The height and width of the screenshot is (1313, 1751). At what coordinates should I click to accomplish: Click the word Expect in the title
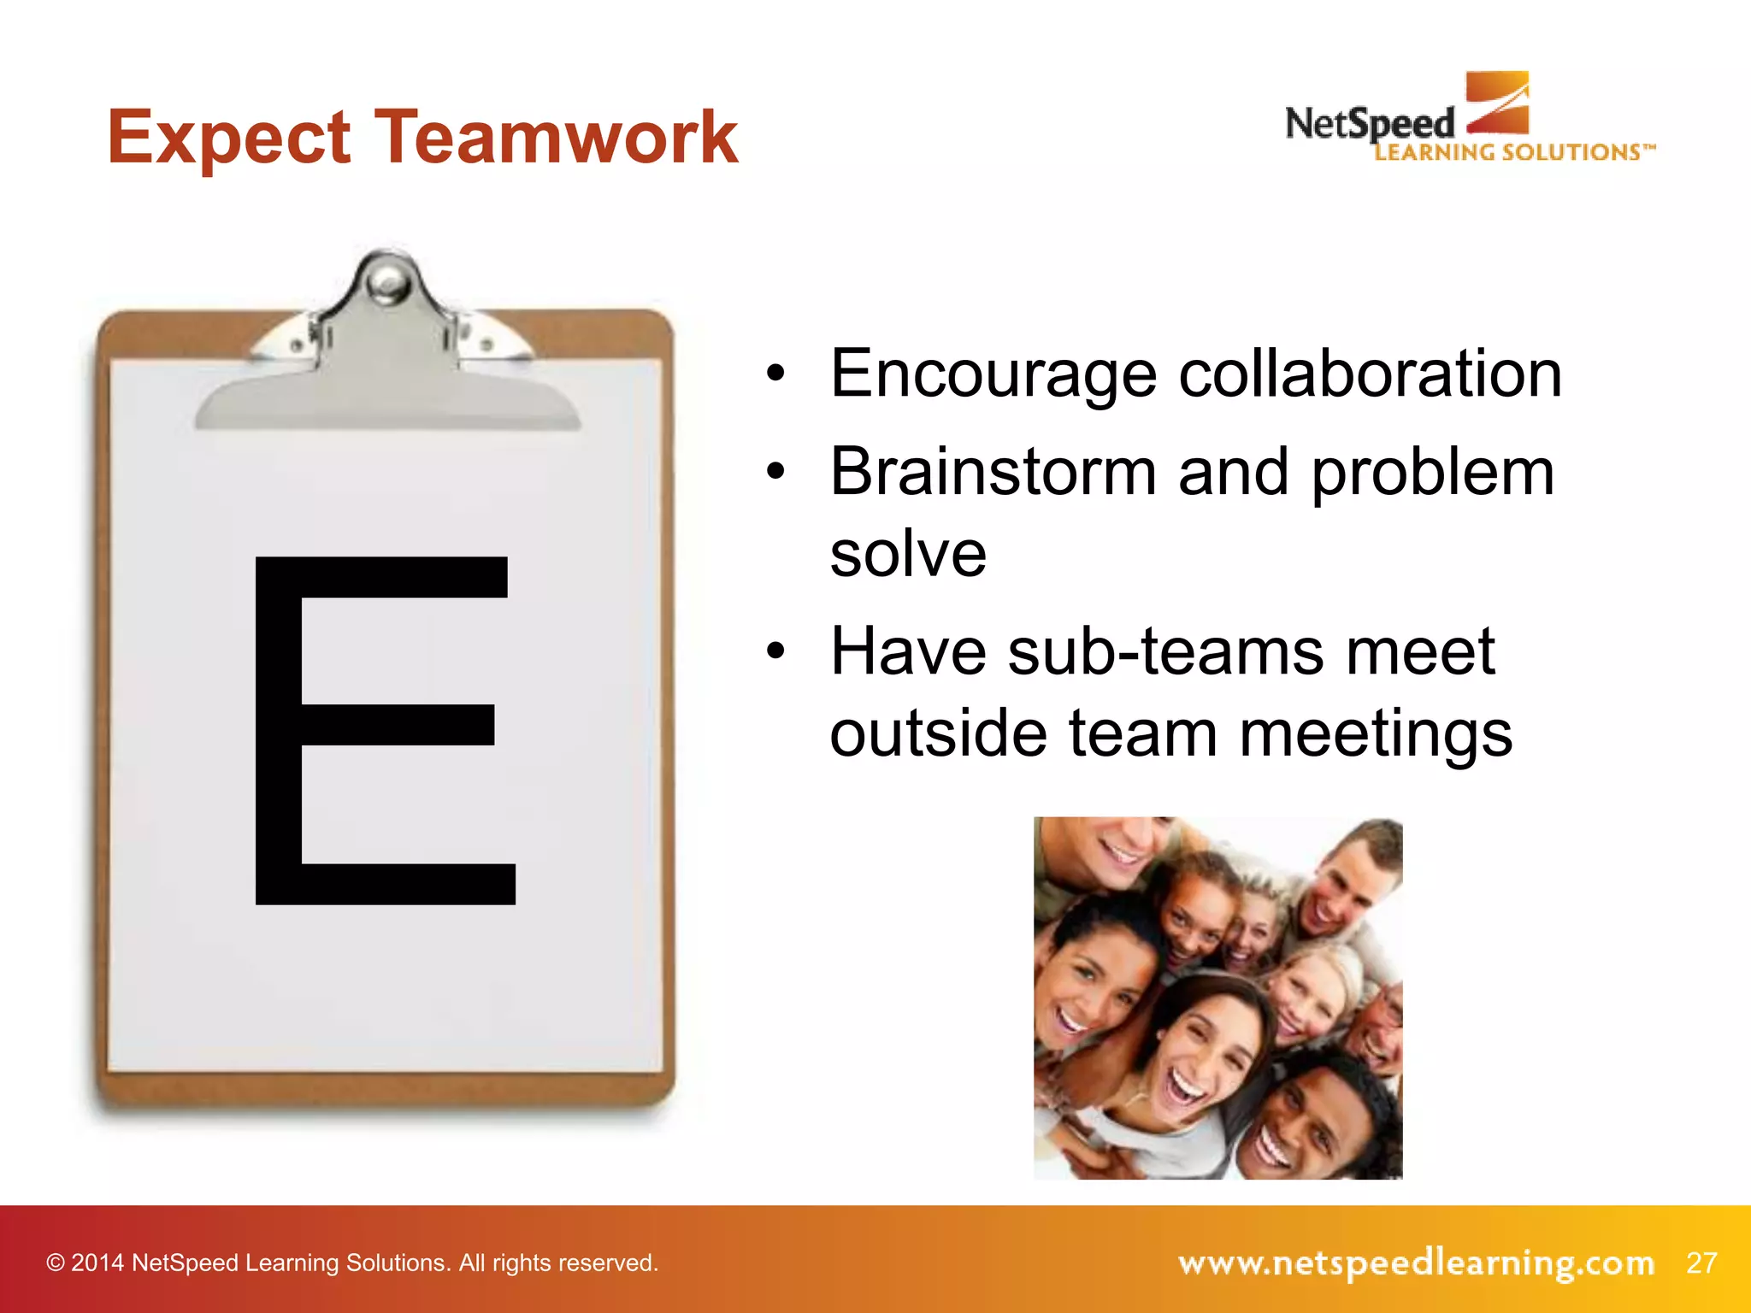point(228,138)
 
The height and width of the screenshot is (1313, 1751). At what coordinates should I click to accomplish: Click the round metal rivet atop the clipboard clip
point(390,280)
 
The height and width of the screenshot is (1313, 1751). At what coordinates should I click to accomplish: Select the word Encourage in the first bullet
point(993,374)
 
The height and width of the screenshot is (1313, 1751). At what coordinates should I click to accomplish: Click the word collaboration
point(1370,374)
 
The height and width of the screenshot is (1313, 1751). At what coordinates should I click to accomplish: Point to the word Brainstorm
point(993,472)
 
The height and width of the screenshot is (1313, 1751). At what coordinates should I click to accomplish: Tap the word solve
point(908,554)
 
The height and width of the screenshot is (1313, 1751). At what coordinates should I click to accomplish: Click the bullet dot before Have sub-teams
point(775,652)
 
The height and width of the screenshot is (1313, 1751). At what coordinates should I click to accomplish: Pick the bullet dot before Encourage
point(775,374)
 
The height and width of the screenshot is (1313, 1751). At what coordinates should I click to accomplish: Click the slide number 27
point(1701,1263)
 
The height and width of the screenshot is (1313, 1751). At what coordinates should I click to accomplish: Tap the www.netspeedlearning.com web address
point(1416,1263)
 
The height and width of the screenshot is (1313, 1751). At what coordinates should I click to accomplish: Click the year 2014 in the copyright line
point(97,1263)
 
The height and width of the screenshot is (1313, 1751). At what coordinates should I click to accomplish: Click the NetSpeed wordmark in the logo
point(1368,125)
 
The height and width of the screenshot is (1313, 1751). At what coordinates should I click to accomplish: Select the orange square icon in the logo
point(1497,103)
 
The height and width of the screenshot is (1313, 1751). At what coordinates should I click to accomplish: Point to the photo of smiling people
point(1217,998)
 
